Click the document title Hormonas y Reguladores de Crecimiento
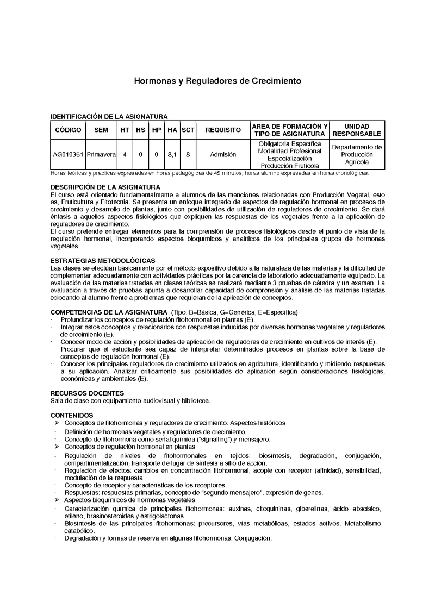point(217,81)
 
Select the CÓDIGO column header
point(68,130)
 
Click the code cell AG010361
point(68,154)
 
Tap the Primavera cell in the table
point(101,154)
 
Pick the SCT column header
point(188,130)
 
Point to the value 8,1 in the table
point(172,154)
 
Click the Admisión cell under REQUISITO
point(223,154)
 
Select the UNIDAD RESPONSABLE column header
point(357,130)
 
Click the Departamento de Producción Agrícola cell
point(357,154)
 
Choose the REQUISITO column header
point(223,130)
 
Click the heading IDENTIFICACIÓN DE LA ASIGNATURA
point(109,116)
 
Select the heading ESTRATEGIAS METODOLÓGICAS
point(103,261)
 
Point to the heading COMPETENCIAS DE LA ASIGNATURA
point(109,313)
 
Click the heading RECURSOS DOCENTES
point(87,393)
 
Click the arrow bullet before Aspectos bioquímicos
point(57,500)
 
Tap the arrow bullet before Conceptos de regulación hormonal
point(57,446)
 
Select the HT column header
point(125,130)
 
